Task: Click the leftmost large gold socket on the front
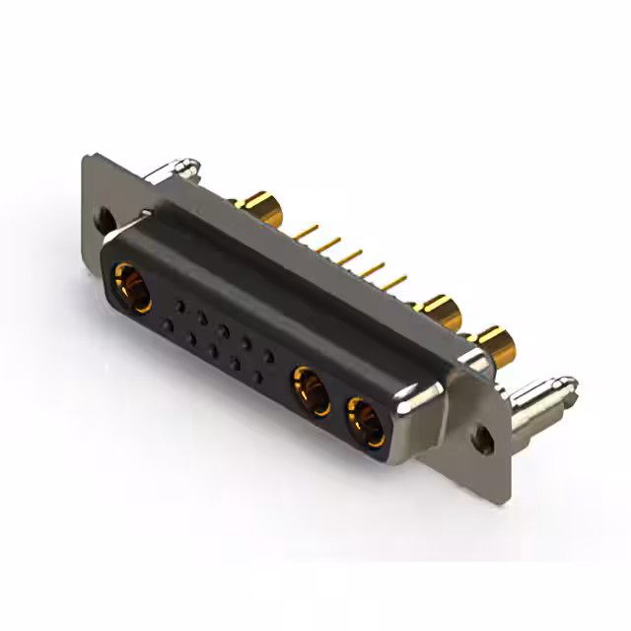[x=132, y=287]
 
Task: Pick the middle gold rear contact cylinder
[x=440, y=314]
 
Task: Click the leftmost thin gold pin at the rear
[x=307, y=232]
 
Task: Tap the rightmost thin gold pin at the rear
[x=393, y=284]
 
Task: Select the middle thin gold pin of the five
[x=350, y=257]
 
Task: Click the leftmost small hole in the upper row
[x=178, y=306]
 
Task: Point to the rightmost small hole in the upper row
[x=269, y=357]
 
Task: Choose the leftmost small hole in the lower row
[x=169, y=324]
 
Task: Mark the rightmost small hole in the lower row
[x=257, y=377]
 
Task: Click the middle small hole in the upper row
[x=224, y=331]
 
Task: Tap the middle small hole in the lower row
[x=213, y=350]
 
